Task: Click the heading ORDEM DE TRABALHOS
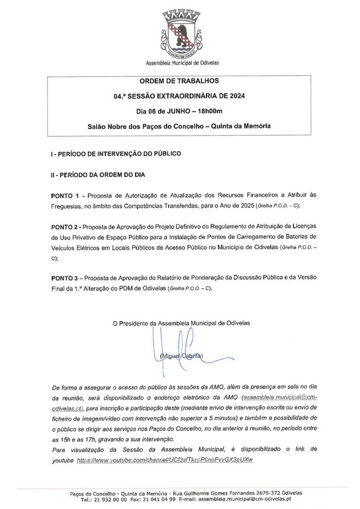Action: pos(179,80)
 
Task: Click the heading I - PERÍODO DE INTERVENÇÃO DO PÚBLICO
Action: pos(116,154)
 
